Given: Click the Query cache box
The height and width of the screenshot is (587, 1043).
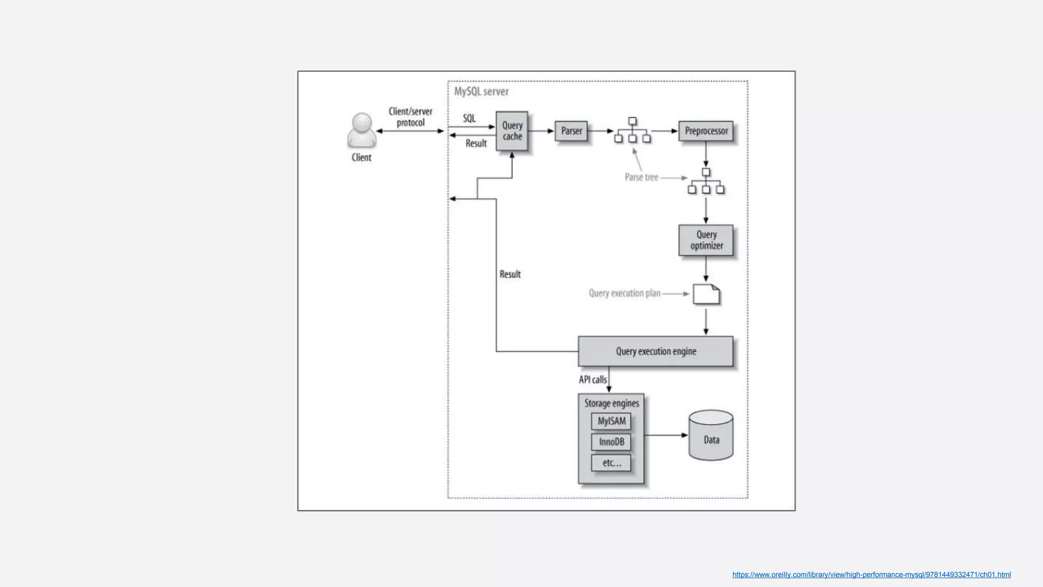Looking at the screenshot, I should (x=512, y=131).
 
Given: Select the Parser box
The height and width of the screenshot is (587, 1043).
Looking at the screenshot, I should (x=571, y=131).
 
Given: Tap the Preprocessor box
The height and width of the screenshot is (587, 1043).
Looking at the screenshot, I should (x=706, y=131).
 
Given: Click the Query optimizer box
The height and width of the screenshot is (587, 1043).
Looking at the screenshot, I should (x=706, y=240).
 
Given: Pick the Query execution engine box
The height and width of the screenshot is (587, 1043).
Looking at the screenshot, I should (x=655, y=351).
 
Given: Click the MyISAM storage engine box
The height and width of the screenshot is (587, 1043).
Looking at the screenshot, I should (x=611, y=421).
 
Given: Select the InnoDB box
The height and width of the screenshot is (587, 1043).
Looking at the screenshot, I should (x=611, y=442).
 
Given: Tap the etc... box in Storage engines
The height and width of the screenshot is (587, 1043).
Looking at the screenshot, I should (x=611, y=463).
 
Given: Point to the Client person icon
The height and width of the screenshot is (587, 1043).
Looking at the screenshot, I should (x=362, y=130).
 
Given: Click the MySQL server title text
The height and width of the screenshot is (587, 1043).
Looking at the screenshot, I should (x=481, y=92).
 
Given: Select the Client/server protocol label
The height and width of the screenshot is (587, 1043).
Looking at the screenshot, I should (x=410, y=117).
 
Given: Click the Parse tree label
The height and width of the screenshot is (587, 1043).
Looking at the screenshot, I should (x=641, y=177).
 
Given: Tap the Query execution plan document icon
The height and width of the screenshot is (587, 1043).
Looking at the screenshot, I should (x=706, y=295).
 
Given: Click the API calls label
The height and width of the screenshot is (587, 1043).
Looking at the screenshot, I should (x=592, y=380).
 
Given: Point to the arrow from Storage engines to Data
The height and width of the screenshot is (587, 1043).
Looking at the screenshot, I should (x=666, y=435).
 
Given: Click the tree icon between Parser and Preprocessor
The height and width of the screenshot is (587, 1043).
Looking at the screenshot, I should (x=632, y=130).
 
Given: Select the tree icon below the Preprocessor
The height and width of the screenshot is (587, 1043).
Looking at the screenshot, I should (x=706, y=181).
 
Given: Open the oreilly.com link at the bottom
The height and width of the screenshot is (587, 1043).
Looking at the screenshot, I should (x=871, y=575).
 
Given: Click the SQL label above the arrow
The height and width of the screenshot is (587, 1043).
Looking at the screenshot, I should (x=469, y=118).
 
